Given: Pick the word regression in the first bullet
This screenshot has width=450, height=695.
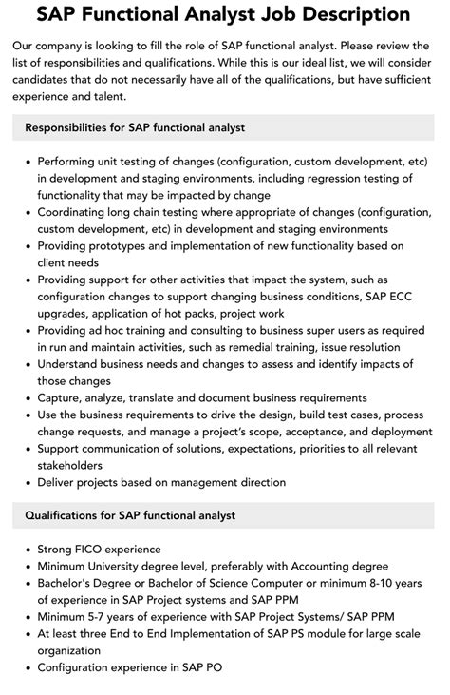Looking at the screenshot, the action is tap(313, 179).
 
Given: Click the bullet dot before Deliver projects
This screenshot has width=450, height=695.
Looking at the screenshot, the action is tap(26, 482).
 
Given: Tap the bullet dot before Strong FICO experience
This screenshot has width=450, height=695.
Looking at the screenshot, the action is tap(26, 549).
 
